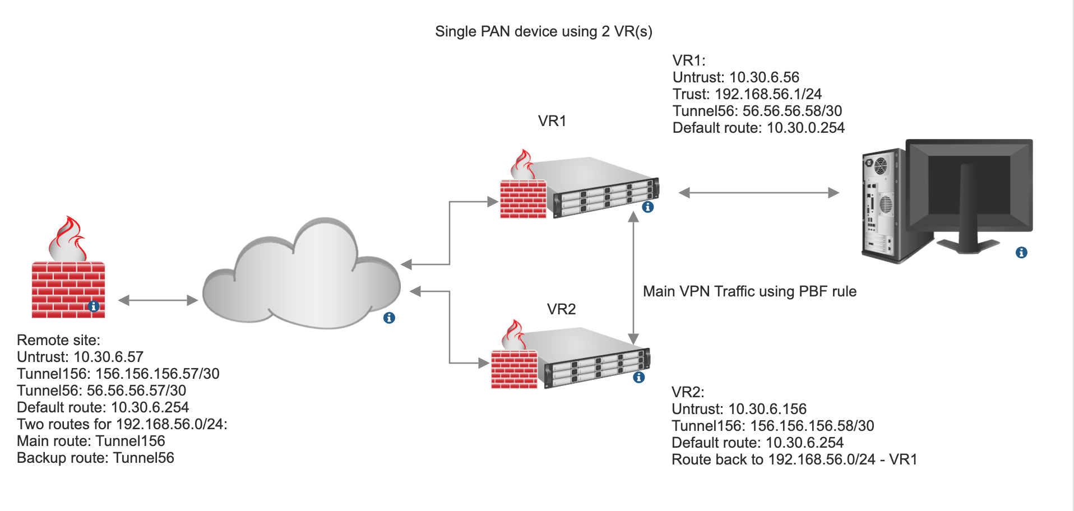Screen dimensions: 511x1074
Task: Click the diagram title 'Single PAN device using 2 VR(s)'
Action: pyautogui.click(x=543, y=31)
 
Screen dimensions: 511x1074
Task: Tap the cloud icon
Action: pyautogui.click(x=302, y=275)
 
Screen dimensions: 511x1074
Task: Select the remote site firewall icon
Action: pyautogui.click(x=68, y=269)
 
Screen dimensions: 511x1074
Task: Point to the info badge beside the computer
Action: pyautogui.click(x=1021, y=253)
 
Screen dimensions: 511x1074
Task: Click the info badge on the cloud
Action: pyautogui.click(x=389, y=318)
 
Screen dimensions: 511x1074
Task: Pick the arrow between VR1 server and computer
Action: pyautogui.click(x=758, y=193)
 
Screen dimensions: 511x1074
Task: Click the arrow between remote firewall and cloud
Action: pyautogui.click(x=158, y=300)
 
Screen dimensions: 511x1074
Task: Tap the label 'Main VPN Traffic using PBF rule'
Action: pyautogui.click(x=749, y=291)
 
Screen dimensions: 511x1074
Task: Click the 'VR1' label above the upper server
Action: pyautogui.click(x=552, y=121)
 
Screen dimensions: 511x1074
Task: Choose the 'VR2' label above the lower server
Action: pyautogui.click(x=561, y=309)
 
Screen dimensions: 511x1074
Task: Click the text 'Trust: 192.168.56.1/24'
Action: pyautogui.click(x=747, y=94)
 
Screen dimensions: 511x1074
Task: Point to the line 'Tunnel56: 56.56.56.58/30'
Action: pyautogui.click(x=757, y=111)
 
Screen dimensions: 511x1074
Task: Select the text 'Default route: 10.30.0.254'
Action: pyautogui.click(x=758, y=128)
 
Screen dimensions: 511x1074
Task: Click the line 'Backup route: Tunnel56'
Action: pyautogui.click(x=95, y=458)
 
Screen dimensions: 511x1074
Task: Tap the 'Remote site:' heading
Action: pyautogui.click(x=58, y=340)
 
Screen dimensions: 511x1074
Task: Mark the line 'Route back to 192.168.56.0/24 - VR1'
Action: pyautogui.click(x=794, y=459)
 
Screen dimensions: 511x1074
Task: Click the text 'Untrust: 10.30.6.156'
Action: pyautogui.click(x=739, y=409)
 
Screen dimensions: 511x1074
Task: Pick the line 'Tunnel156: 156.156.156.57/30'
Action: pyautogui.click(x=118, y=374)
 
